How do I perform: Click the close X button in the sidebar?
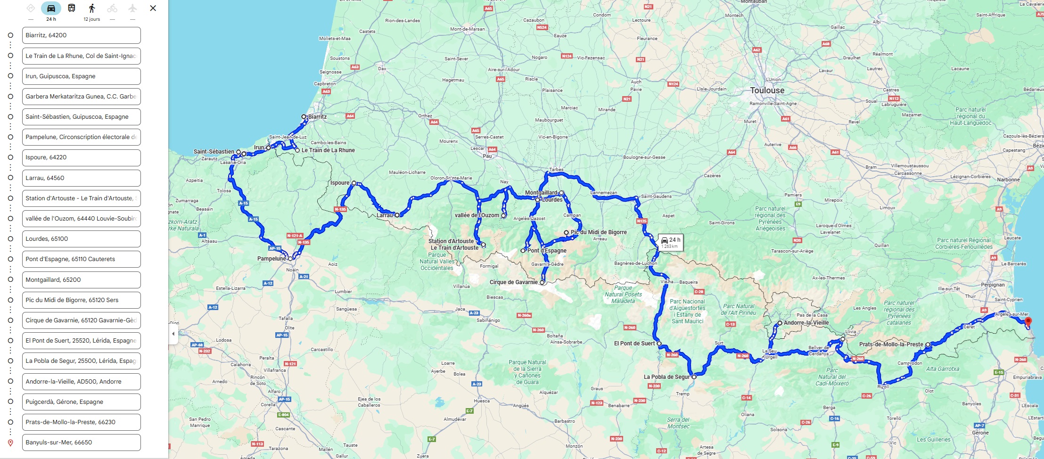pyautogui.click(x=153, y=8)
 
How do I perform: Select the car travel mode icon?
pyautogui.click(x=51, y=8)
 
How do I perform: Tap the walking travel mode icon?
pyautogui.click(x=92, y=8)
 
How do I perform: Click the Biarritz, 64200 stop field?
pyautogui.click(x=81, y=35)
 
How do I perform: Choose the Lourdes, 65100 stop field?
pyautogui.click(x=81, y=239)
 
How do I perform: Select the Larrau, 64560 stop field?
pyautogui.click(x=81, y=178)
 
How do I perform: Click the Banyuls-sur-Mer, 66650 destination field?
pyautogui.click(x=81, y=443)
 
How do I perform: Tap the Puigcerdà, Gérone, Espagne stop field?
pyautogui.click(x=81, y=402)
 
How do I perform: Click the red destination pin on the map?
pyautogui.click(x=1028, y=321)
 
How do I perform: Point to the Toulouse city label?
pyautogui.click(x=767, y=90)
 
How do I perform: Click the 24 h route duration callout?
pyautogui.click(x=670, y=242)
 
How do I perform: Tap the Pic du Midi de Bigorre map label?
pyautogui.click(x=599, y=232)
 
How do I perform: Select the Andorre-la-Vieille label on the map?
pyautogui.click(x=806, y=323)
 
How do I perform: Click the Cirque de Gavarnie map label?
pyautogui.click(x=513, y=282)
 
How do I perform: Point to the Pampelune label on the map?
pyautogui.click(x=271, y=259)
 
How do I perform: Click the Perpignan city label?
pyautogui.click(x=993, y=285)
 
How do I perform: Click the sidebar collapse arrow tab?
pyautogui.click(x=173, y=334)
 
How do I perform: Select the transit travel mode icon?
pyautogui.click(x=72, y=8)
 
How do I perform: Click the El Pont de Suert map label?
pyautogui.click(x=634, y=344)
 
